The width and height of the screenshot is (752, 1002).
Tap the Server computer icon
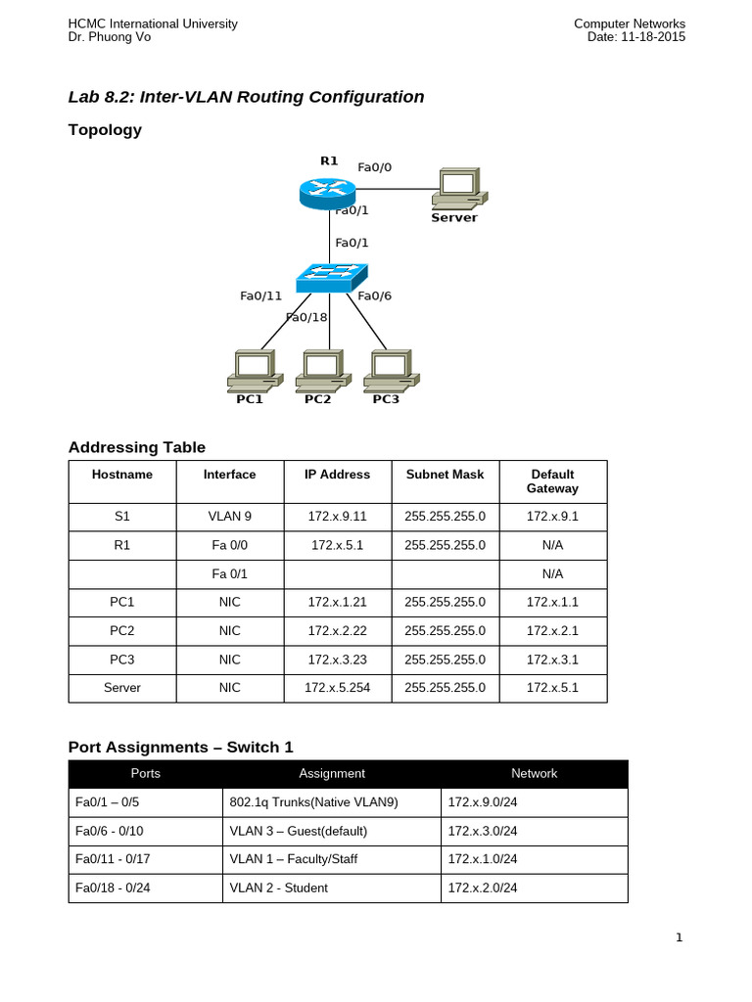(x=457, y=189)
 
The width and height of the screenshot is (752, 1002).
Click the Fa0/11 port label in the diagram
(x=260, y=296)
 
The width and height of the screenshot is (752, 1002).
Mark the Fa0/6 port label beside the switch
(x=375, y=296)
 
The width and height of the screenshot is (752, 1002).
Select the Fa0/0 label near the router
(x=375, y=167)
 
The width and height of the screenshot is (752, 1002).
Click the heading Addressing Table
(x=137, y=447)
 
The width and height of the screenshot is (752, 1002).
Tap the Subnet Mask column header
(x=445, y=475)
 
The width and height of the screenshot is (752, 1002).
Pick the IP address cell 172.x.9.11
(x=337, y=516)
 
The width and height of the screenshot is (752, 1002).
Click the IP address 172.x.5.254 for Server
(x=337, y=688)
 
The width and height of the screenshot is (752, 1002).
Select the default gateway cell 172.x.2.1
(x=552, y=631)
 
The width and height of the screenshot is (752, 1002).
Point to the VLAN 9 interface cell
(x=229, y=516)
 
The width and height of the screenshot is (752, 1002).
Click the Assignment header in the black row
(x=332, y=773)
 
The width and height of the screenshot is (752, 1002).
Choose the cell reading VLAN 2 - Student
(x=278, y=888)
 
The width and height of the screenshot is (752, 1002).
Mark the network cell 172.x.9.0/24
(x=482, y=802)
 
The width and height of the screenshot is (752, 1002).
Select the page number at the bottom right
(x=679, y=938)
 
